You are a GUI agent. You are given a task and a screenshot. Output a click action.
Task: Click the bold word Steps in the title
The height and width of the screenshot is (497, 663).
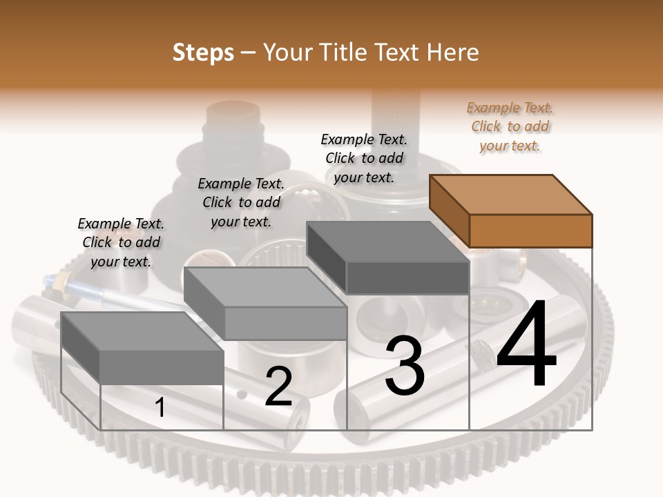[x=203, y=52]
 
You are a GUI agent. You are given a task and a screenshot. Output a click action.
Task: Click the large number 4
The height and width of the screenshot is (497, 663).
[x=526, y=345]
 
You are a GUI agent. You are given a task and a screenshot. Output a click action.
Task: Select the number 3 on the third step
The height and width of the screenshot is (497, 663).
[x=404, y=366]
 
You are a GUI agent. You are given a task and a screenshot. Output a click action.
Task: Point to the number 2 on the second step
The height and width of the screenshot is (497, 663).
[x=278, y=387]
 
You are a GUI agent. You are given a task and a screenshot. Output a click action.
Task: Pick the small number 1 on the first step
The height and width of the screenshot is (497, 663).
[x=160, y=407]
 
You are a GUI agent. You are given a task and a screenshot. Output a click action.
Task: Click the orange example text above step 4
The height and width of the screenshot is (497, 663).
[x=510, y=126]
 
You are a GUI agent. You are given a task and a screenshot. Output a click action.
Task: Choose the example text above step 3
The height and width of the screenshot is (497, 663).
[x=364, y=158]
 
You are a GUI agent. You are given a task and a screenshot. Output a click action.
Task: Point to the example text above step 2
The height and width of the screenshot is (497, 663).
[x=241, y=202]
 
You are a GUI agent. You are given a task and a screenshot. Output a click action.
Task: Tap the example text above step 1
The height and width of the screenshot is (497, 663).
[x=121, y=242]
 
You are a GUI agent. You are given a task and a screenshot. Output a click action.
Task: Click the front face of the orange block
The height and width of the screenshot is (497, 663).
[x=530, y=231]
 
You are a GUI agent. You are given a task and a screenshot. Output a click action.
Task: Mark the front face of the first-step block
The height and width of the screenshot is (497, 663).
[x=162, y=367]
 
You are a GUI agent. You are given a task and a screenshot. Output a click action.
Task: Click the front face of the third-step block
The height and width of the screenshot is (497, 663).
[x=407, y=277]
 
